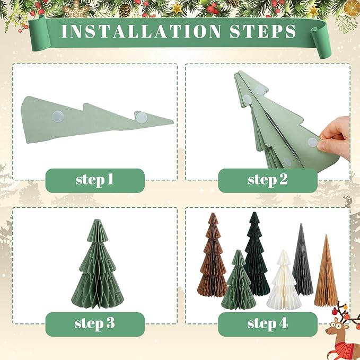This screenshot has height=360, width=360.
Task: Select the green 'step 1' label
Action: click(x=95, y=180)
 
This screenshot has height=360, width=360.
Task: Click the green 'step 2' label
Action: click(x=268, y=180)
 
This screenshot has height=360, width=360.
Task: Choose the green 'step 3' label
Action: click(x=95, y=323)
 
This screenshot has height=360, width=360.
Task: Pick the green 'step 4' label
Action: click(x=268, y=323)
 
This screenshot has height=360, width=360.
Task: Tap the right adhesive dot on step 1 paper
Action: click(x=141, y=118)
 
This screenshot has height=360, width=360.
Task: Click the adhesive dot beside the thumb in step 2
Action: click(x=313, y=142)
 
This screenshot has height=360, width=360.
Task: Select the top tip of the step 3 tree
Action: click(x=98, y=221)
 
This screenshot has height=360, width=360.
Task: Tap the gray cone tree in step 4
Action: click(x=302, y=262)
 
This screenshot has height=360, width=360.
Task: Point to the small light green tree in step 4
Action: click(x=239, y=284)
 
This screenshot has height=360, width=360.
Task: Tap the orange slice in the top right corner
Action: click(x=351, y=8)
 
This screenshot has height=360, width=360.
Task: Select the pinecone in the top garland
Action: click(x=125, y=9)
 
